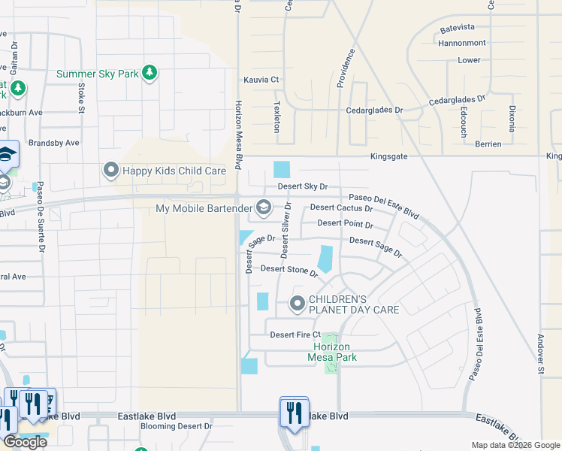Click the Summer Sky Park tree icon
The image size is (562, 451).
point(150,72)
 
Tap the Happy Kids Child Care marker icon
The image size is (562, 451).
point(112,171)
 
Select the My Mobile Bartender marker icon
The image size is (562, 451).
point(263,206)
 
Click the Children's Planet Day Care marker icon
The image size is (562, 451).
point(298,304)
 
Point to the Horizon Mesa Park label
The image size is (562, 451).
point(334,352)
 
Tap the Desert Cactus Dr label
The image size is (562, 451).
point(341,207)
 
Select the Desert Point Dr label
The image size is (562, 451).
point(345,223)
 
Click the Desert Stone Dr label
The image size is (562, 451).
point(289,269)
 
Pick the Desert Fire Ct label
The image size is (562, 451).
point(295,334)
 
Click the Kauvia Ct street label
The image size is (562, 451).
point(261,80)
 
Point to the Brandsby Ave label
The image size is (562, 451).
point(53,142)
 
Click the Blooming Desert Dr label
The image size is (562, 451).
point(177,426)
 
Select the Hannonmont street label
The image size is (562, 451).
point(461,44)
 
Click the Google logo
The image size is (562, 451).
point(25,442)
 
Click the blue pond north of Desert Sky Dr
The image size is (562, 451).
point(281,171)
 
